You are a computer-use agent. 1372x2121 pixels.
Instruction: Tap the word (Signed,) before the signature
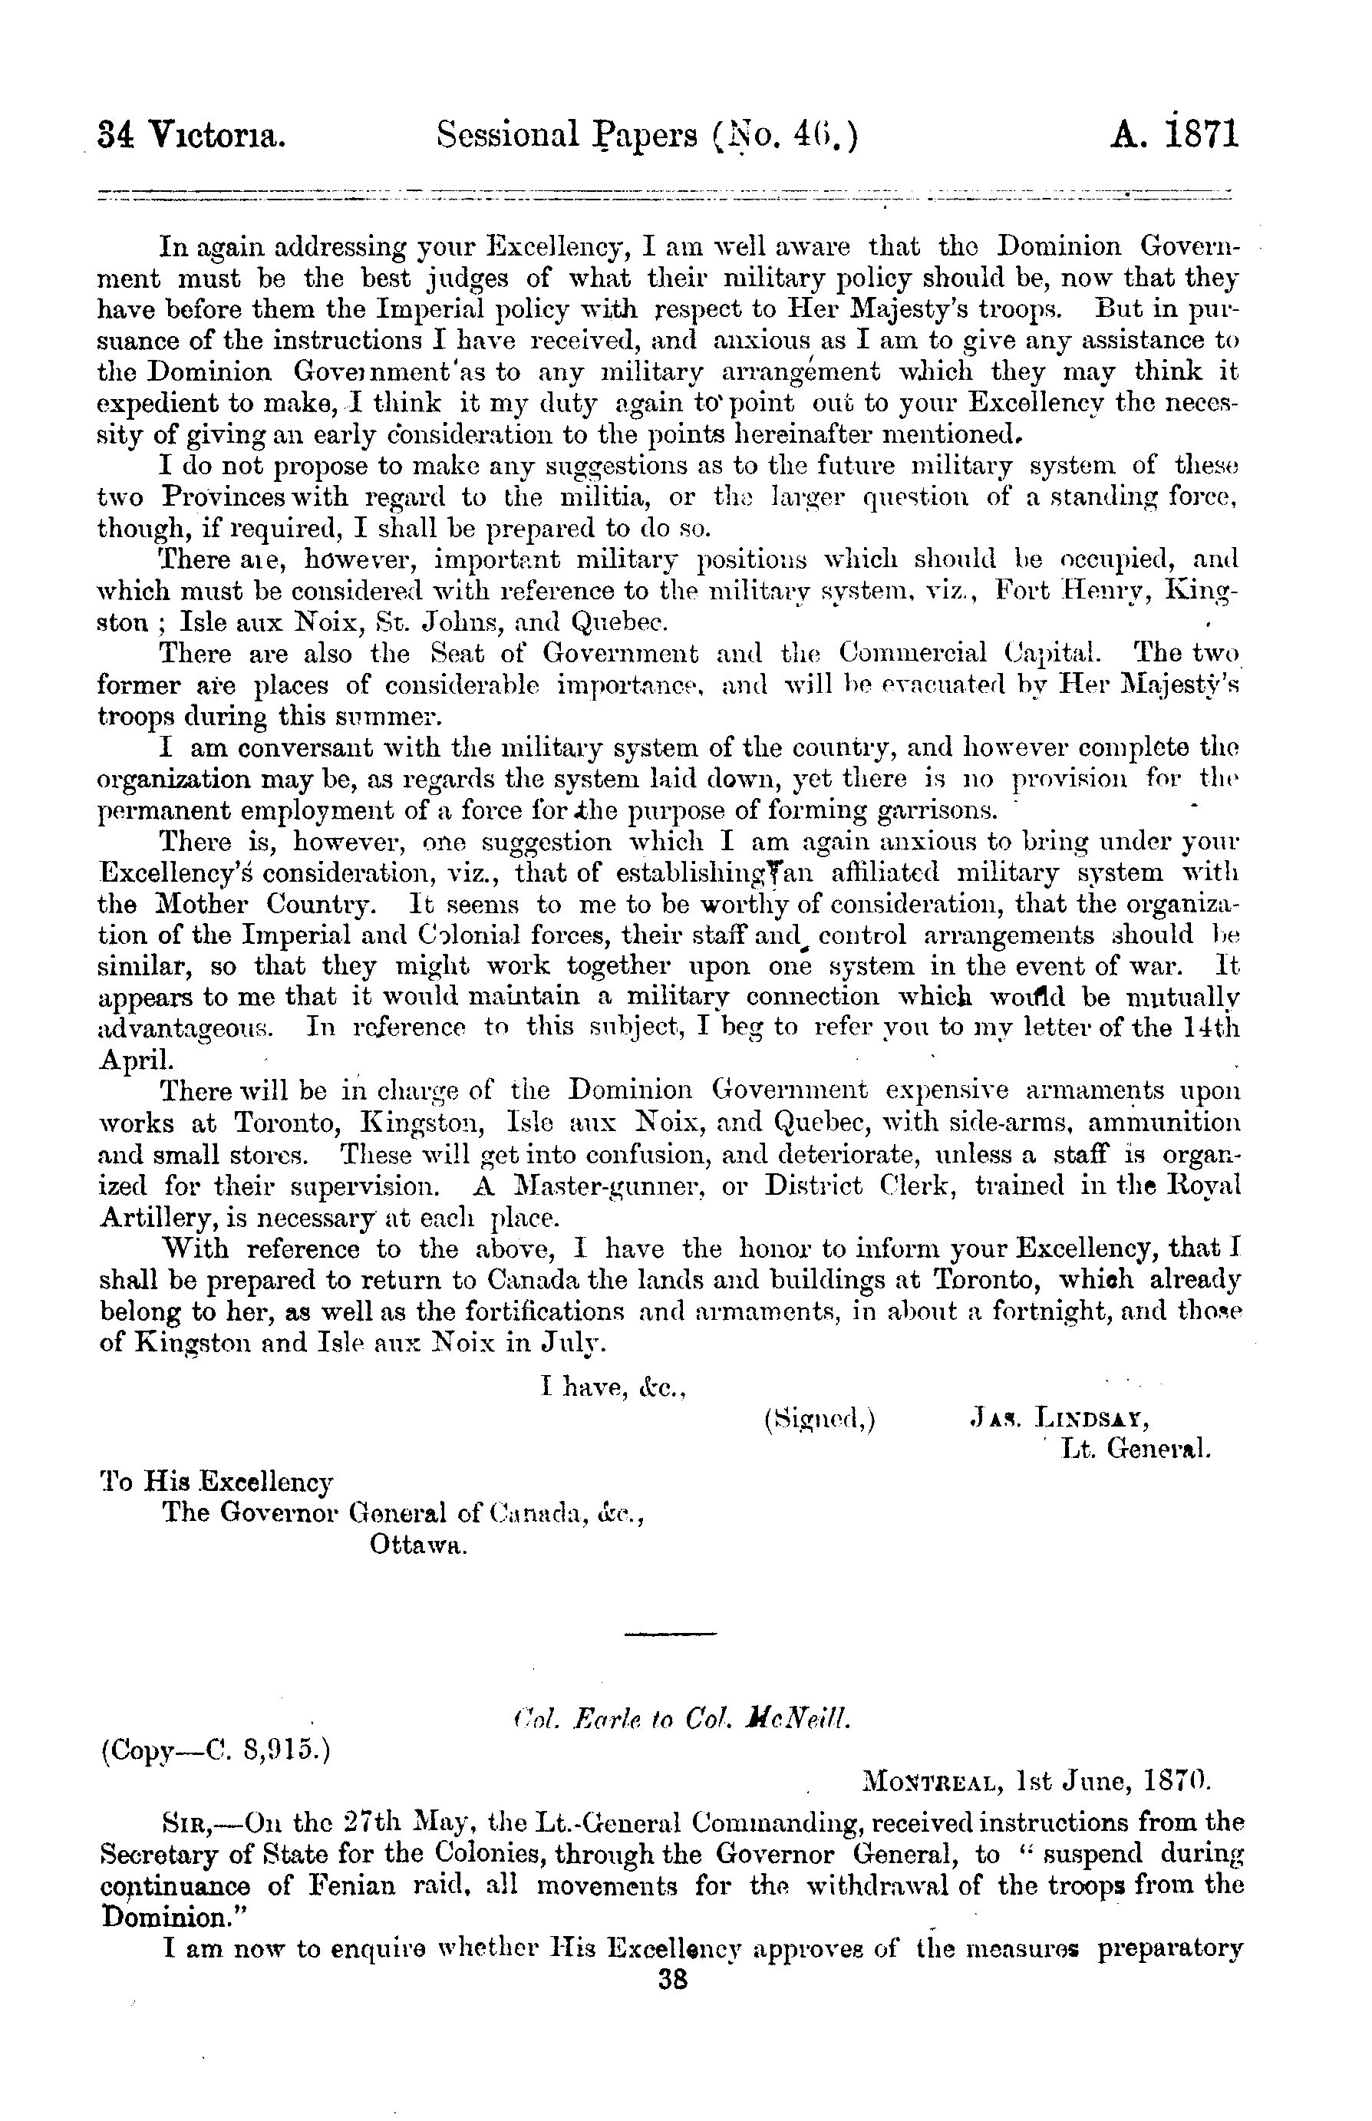819,1418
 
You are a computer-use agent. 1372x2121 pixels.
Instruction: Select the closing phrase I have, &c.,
613,1386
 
